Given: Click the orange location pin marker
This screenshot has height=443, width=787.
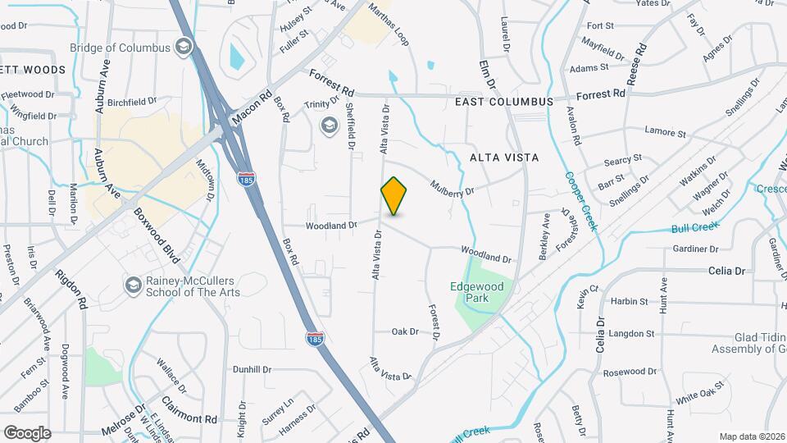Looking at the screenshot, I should pos(394,196).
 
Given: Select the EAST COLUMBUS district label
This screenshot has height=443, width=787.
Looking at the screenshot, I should pos(505,101).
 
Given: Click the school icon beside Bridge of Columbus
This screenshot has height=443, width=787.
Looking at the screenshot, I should pos(184,47).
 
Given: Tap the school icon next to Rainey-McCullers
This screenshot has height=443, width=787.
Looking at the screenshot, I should pos(131,284).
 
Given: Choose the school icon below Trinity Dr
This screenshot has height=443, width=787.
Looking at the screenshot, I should pos(329,125).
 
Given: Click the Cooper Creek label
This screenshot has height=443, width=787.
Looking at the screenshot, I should pos(580,201).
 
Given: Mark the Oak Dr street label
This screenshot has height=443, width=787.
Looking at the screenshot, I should pos(405,331).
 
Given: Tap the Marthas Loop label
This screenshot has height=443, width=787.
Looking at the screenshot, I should pos(388,23).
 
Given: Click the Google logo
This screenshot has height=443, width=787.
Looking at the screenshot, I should pos(27,432).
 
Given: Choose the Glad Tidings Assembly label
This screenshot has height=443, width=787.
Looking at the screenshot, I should pos(748,343).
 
